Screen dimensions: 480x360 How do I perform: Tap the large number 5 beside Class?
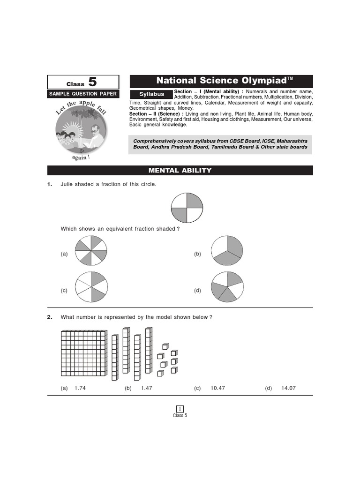[x=92, y=82]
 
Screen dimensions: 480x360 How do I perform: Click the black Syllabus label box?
[x=151, y=94]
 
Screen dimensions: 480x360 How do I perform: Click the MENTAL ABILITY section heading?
[x=180, y=170]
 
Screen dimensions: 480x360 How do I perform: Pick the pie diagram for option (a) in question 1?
[x=91, y=251]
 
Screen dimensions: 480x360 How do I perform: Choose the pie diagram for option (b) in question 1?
[x=227, y=251]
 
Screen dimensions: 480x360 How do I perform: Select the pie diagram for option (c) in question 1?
[x=91, y=287]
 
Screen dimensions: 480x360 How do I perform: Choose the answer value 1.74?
[x=80, y=389]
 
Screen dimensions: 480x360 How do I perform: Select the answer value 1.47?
[x=146, y=389]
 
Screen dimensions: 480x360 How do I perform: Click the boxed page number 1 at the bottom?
[x=180, y=409]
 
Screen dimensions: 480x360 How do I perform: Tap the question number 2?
[x=49, y=317]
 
